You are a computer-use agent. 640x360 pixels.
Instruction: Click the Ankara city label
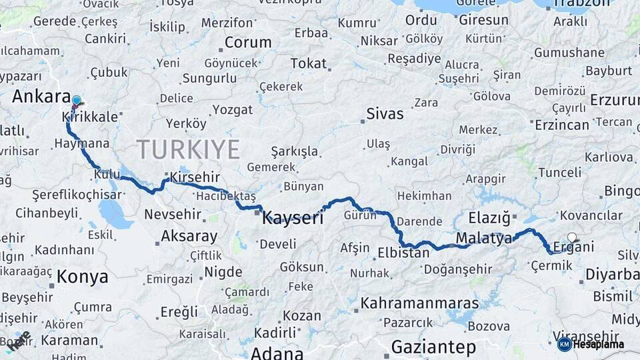pyautogui.click(x=41, y=97)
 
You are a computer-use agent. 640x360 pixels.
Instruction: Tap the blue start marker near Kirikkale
pyautogui.click(x=76, y=101)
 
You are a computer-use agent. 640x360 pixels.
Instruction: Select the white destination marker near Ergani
pyautogui.click(x=572, y=237)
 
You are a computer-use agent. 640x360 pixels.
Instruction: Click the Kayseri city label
pyautogui.click(x=293, y=217)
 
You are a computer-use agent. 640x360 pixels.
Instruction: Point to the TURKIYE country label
pyautogui.click(x=187, y=150)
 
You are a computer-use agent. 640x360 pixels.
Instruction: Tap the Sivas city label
pyautogui.click(x=385, y=114)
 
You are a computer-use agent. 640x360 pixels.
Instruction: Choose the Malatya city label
pyautogui.click(x=484, y=238)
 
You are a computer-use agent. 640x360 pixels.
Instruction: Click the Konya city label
pyautogui.click(x=82, y=277)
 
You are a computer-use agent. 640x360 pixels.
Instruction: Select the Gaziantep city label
pyautogui.click(x=433, y=347)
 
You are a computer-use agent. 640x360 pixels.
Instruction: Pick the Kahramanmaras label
pyautogui.click(x=419, y=303)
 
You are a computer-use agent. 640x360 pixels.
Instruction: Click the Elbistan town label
pyautogui.click(x=403, y=253)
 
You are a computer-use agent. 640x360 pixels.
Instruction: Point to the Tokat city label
pyautogui.click(x=308, y=64)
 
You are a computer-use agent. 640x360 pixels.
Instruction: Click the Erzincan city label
pyautogui.click(x=562, y=125)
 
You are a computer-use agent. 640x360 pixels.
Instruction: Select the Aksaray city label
pyautogui.click(x=189, y=236)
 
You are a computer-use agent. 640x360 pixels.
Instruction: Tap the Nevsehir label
pyautogui.click(x=173, y=214)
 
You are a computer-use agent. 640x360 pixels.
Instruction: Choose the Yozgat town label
pyautogui.click(x=231, y=110)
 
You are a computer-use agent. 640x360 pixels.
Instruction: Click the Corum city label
pyautogui.click(x=248, y=43)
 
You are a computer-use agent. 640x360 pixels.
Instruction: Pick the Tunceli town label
pyautogui.click(x=559, y=173)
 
